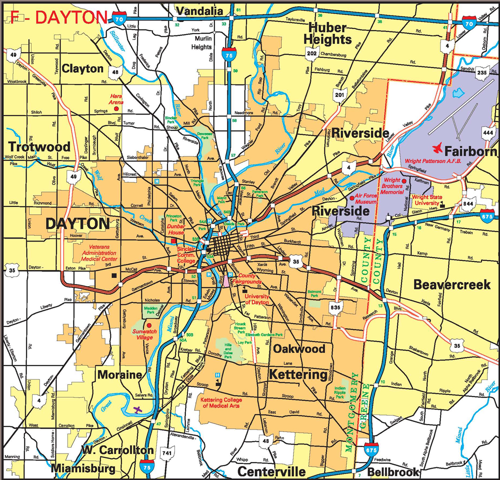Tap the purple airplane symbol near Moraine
tap(138, 409)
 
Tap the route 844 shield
tap(468, 204)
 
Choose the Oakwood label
tap(299, 348)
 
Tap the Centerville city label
tap(271, 471)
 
